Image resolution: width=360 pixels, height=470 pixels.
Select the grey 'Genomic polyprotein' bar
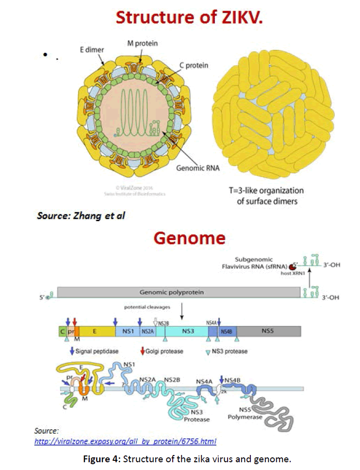178,292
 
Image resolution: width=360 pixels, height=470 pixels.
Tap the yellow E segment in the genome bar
97,331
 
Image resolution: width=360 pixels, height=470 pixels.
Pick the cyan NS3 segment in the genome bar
187,331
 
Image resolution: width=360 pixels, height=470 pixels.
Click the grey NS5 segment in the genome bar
268,331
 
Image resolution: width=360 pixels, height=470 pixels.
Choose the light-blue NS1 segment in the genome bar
128,331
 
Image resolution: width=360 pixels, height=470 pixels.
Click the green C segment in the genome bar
62,331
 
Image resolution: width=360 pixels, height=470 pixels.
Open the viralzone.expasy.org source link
125,441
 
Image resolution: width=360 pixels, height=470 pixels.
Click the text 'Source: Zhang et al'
81,215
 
